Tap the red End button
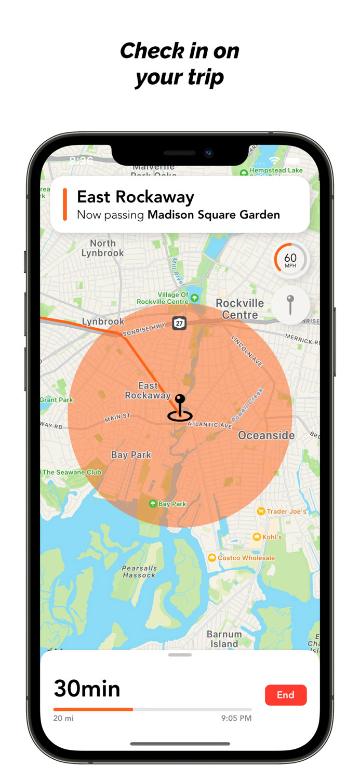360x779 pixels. click(x=286, y=695)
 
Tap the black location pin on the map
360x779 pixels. click(x=180, y=407)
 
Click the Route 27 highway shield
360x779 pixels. click(x=179, y=323)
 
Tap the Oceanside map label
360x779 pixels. click(x=266, y=435)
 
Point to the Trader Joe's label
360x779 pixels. click(x=286, y=512)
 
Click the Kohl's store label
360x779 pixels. click(x=272, y=536)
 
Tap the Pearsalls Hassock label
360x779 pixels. click(x=139, y=572)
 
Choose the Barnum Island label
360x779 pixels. click(x=224, y=639)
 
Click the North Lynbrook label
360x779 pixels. click(x=102, y=248)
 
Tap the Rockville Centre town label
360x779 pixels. click(x=239, y=309)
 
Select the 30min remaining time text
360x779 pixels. click(x=87, y=689)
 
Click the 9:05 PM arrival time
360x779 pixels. click(x=236, y=718)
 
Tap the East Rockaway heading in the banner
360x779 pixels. click(x=136, y=197)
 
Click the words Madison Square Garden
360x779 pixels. click(x=214, y=214)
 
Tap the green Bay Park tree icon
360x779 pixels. click(x=153, y=504)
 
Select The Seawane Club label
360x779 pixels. click(x=72, y=472)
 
